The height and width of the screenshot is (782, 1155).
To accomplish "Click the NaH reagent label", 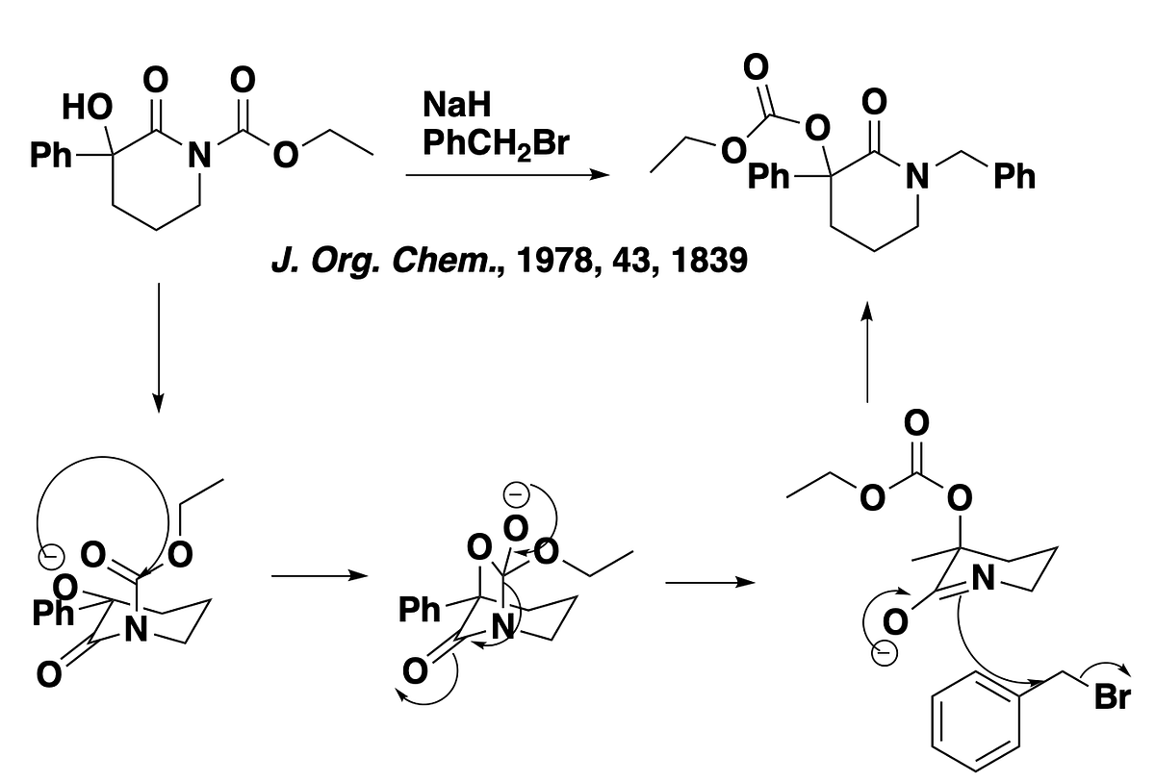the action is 456,104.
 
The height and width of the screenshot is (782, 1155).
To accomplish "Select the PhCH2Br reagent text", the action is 496,143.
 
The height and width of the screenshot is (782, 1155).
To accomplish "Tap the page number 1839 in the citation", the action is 709,260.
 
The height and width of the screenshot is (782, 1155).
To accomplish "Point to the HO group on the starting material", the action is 87,107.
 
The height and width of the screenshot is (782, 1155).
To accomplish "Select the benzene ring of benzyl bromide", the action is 976,721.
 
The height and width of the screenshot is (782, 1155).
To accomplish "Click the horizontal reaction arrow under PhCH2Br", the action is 507,175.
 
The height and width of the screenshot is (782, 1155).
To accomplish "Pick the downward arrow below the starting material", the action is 159,348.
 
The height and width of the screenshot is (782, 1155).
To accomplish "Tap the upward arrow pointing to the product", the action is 867,352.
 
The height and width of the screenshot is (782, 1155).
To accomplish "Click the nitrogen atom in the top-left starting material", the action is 199,155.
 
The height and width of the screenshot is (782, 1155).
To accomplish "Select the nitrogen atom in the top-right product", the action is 917,176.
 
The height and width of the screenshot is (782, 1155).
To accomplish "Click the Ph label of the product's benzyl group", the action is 1014,176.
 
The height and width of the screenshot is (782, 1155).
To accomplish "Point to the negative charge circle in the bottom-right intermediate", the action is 884,653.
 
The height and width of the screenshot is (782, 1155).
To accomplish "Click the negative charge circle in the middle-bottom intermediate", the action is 516,494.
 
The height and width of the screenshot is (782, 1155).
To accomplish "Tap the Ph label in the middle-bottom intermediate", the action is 420,610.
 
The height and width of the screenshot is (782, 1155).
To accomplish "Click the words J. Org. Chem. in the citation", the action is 384,262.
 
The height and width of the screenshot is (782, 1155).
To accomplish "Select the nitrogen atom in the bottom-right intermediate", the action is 984,578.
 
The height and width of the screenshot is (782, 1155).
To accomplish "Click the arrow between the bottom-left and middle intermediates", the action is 320,575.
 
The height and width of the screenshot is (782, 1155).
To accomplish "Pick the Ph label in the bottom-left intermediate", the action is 53,613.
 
